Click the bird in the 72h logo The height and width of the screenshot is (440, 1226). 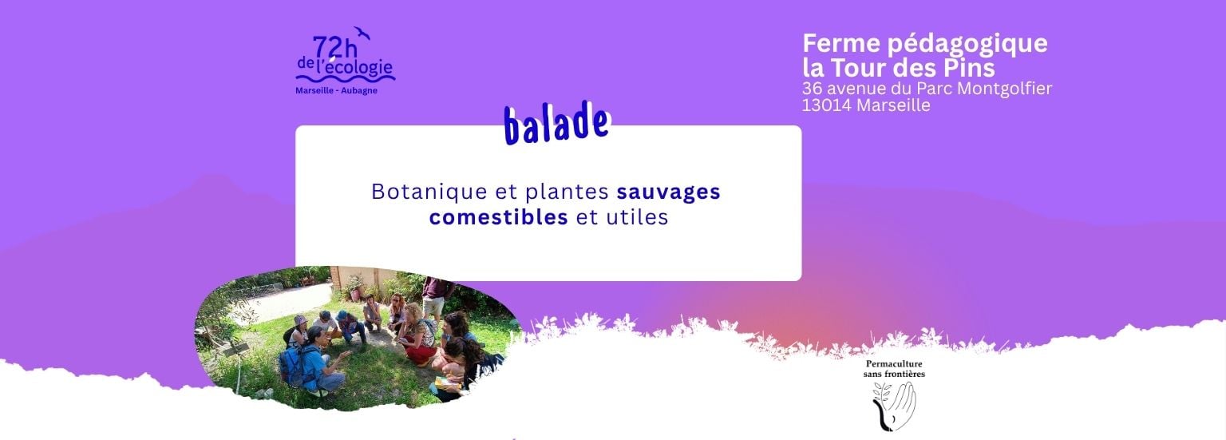click(362, 33)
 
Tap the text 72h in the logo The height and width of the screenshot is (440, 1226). click(335, 48)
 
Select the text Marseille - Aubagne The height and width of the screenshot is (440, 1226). click(336, 91)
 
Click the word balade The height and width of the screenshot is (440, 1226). click(556, 125)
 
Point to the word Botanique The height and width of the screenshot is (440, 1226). click(429, 192)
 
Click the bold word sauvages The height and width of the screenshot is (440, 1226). click(668, 192)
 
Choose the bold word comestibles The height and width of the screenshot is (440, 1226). click(498, 217)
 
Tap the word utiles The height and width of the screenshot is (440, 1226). click(637, 217)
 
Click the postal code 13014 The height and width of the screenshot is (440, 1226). click(826, 105)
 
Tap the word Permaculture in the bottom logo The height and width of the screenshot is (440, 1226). click(894, 364)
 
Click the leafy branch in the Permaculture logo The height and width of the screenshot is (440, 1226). click(880, 402)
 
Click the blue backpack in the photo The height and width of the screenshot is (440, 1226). click(294, 365)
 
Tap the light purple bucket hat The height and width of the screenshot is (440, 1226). click(301, 321)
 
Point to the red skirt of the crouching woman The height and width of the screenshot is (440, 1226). click(421, 354)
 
